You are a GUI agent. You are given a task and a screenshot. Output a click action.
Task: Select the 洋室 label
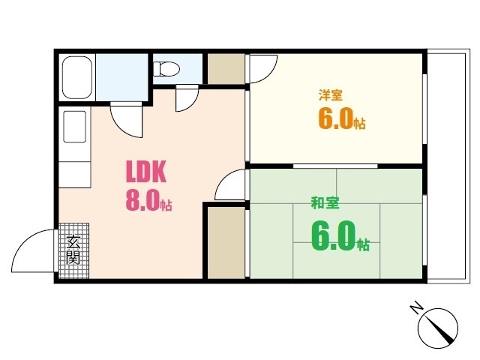point(331,95)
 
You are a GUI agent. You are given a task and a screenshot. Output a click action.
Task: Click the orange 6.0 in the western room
point(336,120)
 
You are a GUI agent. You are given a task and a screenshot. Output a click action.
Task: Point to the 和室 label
point(324,202)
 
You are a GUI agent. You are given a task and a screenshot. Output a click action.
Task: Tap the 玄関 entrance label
point(73,250)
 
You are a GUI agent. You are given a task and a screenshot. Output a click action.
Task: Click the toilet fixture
point(166,70)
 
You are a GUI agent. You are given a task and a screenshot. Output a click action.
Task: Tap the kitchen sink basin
point(74,126)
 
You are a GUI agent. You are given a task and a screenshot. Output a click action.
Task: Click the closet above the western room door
point(225,69)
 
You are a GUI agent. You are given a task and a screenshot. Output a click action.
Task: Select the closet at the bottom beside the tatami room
point(225,241)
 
